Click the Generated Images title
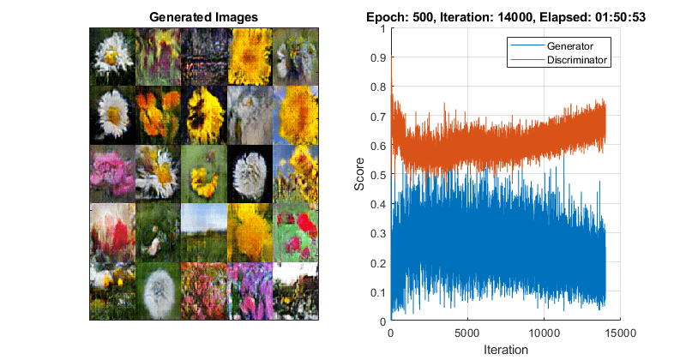click(203, 16)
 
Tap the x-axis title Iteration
click(506, 350)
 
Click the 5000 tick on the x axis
click(467, 333)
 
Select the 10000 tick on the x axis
click(544, 333)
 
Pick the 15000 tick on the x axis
click(620, 333)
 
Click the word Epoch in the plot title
click(383, 16)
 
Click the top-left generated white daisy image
click(113, 53)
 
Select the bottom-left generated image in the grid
click(113, 291)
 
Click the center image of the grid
click(204, 172)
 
